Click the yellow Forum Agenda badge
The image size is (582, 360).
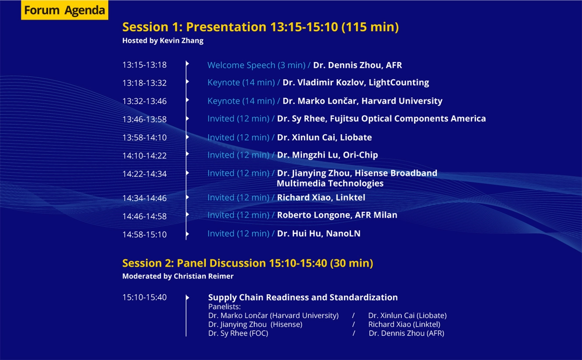[x=64, y=10]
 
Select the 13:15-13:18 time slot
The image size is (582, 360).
[x=144, y=65]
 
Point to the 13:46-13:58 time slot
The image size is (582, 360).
[x=144, y=119]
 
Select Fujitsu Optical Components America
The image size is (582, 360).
[x=408, y=119]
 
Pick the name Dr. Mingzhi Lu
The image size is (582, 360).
[x=308, y=155]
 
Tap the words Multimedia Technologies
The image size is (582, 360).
[x=330, y=183]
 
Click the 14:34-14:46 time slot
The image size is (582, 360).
[x=144, y=198]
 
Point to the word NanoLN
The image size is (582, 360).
[x=343, y=234]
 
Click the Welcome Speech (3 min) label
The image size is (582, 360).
[x=256, y=65]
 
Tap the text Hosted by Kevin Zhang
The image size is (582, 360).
[x=163, y=41]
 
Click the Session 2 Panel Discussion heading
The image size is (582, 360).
[x=248, y=263]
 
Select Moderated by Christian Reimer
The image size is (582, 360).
[x=178, y=276]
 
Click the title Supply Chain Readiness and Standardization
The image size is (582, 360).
[x=303, y=297]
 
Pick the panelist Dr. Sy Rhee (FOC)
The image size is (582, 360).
[x=238, y=333]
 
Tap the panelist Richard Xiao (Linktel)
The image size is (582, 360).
[x=404, y=325]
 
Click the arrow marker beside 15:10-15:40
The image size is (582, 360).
[x=188, y=297]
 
